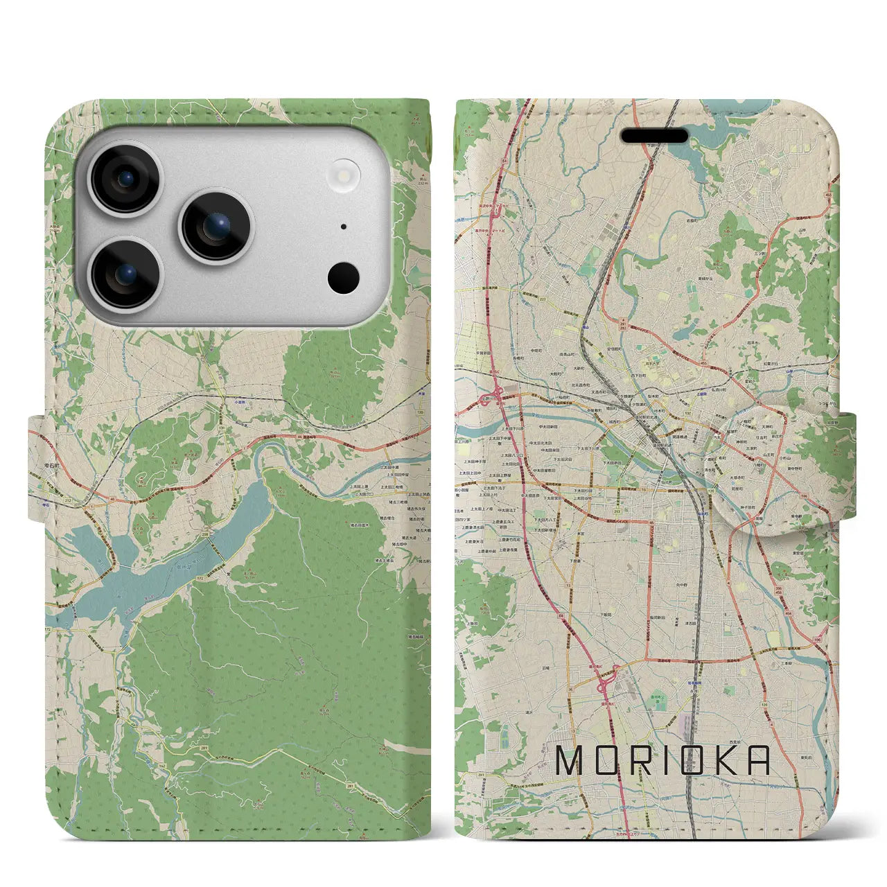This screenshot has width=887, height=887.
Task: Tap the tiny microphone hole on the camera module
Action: [x=344, y=226]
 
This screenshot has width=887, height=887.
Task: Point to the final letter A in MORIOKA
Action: [x=758, y=760]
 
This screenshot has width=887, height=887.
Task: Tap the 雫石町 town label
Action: [x=44, y=485]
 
